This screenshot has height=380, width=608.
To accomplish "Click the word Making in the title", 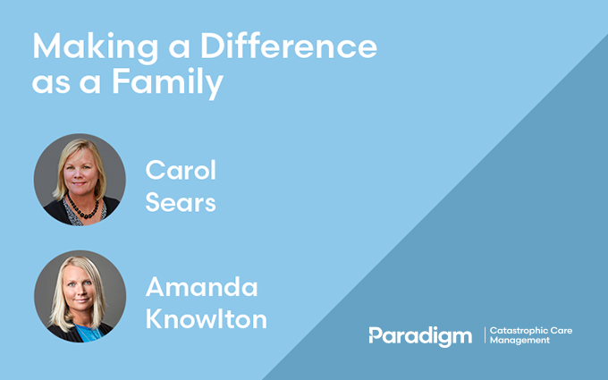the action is point(95,47).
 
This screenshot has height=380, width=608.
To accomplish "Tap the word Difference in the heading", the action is point(289,46).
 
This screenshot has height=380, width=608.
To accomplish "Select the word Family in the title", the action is point(168,83).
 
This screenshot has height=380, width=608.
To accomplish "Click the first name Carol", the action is point(181,170).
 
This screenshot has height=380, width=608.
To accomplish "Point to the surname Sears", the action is point(181,202).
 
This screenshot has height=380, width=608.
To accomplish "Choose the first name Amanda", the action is point(202,286).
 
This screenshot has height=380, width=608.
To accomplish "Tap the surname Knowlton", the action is point(207,318).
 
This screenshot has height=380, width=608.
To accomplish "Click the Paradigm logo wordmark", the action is point(420,336).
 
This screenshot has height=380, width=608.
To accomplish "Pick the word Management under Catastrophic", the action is point(519,341).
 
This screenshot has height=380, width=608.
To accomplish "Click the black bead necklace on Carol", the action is point(82,208).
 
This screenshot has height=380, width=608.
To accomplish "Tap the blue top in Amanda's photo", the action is point(89,334).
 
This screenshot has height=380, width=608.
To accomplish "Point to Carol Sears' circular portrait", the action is point(80,180).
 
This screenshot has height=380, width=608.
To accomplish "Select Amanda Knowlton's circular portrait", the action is point(80,296).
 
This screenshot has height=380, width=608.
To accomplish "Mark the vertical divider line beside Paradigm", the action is point(485,335).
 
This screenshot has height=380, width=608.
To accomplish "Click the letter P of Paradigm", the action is point(375,335).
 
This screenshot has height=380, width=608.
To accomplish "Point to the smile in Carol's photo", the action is point(80,183).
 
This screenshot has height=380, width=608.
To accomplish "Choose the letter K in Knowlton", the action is point(154,318).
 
